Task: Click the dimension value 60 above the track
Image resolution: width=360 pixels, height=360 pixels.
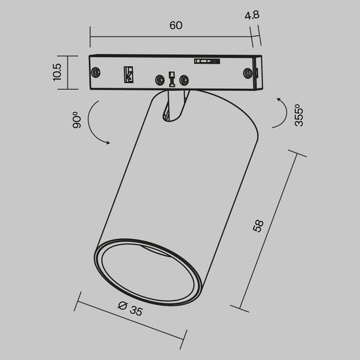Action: coord(175,26)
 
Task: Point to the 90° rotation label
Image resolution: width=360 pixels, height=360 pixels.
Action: coord(77,121)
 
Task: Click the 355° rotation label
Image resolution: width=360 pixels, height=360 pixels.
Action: coord(297,115)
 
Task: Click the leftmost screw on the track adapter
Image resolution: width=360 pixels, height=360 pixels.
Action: coord(97,72)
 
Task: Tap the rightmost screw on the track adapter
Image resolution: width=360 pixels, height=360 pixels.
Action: coord(249,73)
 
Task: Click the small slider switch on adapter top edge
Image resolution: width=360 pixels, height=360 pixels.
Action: coord(206,61)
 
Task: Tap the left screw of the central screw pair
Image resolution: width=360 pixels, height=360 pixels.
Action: coord(159,81)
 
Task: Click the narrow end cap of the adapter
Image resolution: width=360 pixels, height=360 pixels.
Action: coord(260,73)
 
